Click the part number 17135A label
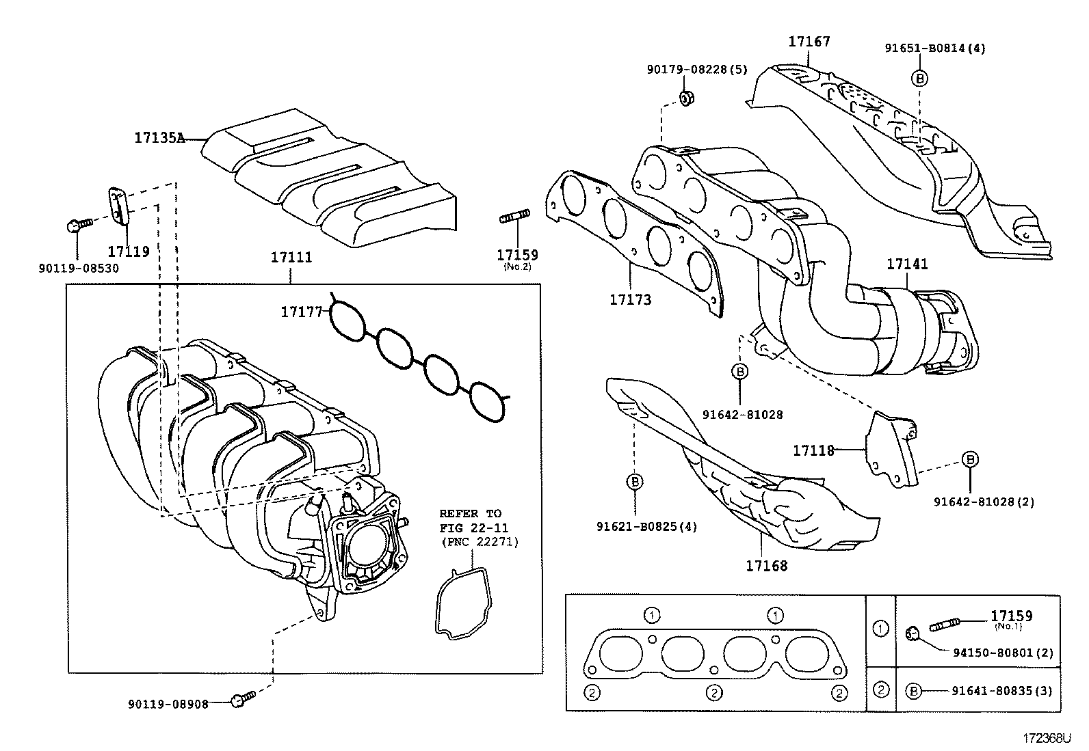pos(159,138)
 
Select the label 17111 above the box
pos(291,258)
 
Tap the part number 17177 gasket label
pos(301,312)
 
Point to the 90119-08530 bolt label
pos(79,269)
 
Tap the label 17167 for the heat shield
pos(809,41)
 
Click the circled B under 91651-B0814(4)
pos(920,78)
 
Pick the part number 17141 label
pos(907,264)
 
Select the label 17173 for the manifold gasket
pos(630,299)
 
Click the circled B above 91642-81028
pos(740,371)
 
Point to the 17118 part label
pos(813,450)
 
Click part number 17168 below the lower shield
pos(766,566)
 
